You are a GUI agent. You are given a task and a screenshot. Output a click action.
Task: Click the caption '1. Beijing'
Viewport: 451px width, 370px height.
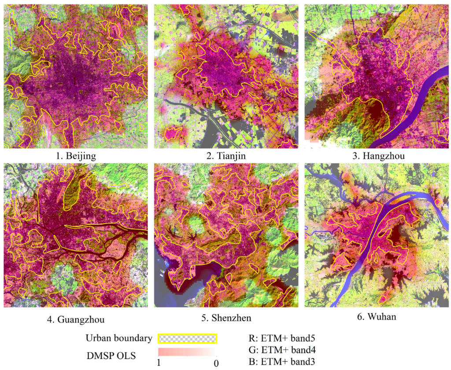coord(76,156)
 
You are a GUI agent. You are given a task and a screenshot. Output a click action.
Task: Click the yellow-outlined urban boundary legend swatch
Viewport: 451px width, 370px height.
coord(188,338)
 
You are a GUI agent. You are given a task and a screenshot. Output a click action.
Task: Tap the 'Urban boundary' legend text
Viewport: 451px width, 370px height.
coord(119,338)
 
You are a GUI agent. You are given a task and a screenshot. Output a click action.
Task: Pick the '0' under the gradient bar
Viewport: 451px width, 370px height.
coord(215,363)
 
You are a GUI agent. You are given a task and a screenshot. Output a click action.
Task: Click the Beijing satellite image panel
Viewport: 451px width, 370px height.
coord(76,76)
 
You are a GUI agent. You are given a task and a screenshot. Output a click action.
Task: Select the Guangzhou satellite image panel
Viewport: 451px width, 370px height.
coord(76,235)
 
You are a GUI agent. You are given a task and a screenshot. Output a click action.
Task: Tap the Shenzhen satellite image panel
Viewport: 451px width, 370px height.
coord(226,235)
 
